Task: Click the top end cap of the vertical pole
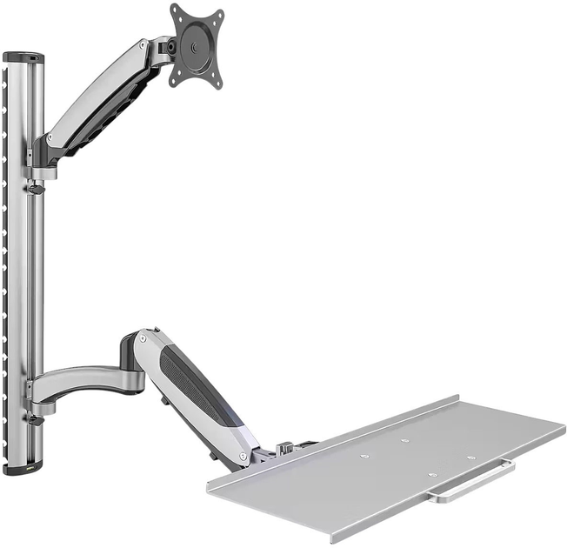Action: (x=23, y=57)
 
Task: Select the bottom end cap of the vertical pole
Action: (x=23, y=468)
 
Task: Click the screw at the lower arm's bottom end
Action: (x=246, y=451)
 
